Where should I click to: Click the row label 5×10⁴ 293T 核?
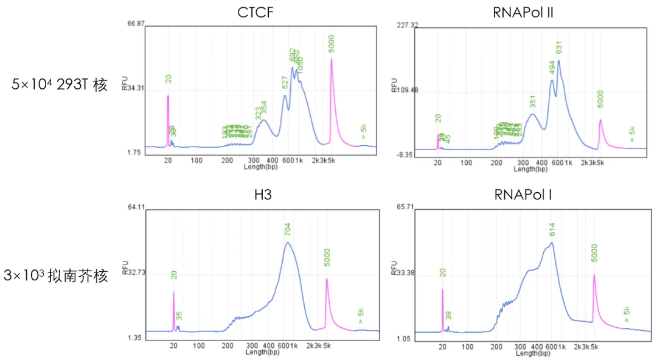60,85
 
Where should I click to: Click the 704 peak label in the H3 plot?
288,230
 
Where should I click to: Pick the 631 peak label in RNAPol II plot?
559,47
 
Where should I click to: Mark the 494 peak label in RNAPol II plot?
551,68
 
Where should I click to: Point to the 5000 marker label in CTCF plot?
332,44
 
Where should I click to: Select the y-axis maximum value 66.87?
136,24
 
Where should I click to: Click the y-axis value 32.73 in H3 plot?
136,273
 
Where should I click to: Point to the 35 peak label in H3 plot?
179,316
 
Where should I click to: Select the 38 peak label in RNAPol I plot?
448,316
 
